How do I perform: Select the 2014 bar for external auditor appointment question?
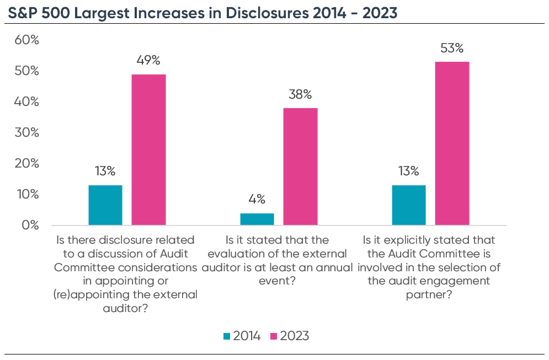[105, 205]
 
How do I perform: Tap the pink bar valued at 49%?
[148, 149]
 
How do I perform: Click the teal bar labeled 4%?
[257, 219]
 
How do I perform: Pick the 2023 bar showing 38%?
[301, 166]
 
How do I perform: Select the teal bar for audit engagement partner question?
[409, 205]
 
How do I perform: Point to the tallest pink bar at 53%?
[452, 143]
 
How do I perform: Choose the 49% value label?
[148, 61]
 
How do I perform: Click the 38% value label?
[301, 95]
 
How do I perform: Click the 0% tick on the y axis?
[29, 225]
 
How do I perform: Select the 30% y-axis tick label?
[26, 132]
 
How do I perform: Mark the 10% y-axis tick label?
[26, 194]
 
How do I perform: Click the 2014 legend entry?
[242, 336]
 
